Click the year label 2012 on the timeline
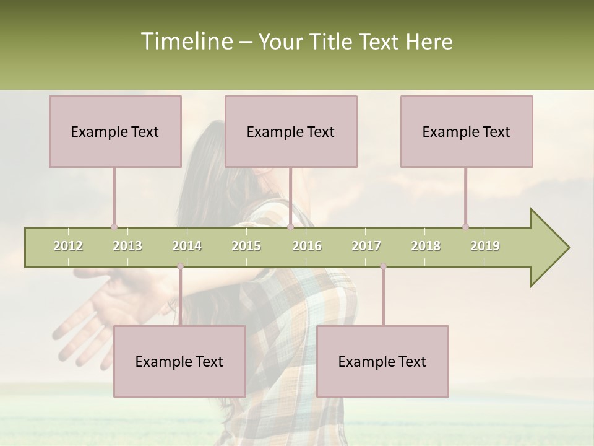pyautogui.click(x=68, y=246)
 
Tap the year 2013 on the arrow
pyautogui.click(x=127, y=246)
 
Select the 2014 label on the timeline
pyautogui.click(x=187, y=246)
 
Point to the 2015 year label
pyautogui.click(x=246, y=246)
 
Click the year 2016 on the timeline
pyautogui.click(x=307, y=246)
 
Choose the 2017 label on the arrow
pyautogui.click(x=366, y=246)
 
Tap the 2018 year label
pyautogui.click(x=426, y=246)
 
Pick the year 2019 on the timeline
pyautogui.click(x=485, y=246)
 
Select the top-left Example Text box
pyautogui.click(x=115, y=131)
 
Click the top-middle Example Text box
pyautogui.click(x=291, y=131)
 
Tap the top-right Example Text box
pyautogui.click(x=467, y=131)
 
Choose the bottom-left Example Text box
pyautogui.click(x=179, y=361)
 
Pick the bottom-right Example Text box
pyautogui.click(x=382, y=361)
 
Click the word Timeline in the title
pyautogui.click(x=186, y=42)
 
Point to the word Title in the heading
pyautogui.click(x=332, y=42)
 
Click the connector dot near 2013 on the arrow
pyautogui.click(x=114, y=227)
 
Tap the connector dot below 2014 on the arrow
pyautogui.click(x=180, y=266)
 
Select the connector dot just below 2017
pyautogui.click(x=383, y=266)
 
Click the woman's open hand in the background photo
pyautogui.click(x=99, y=310)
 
